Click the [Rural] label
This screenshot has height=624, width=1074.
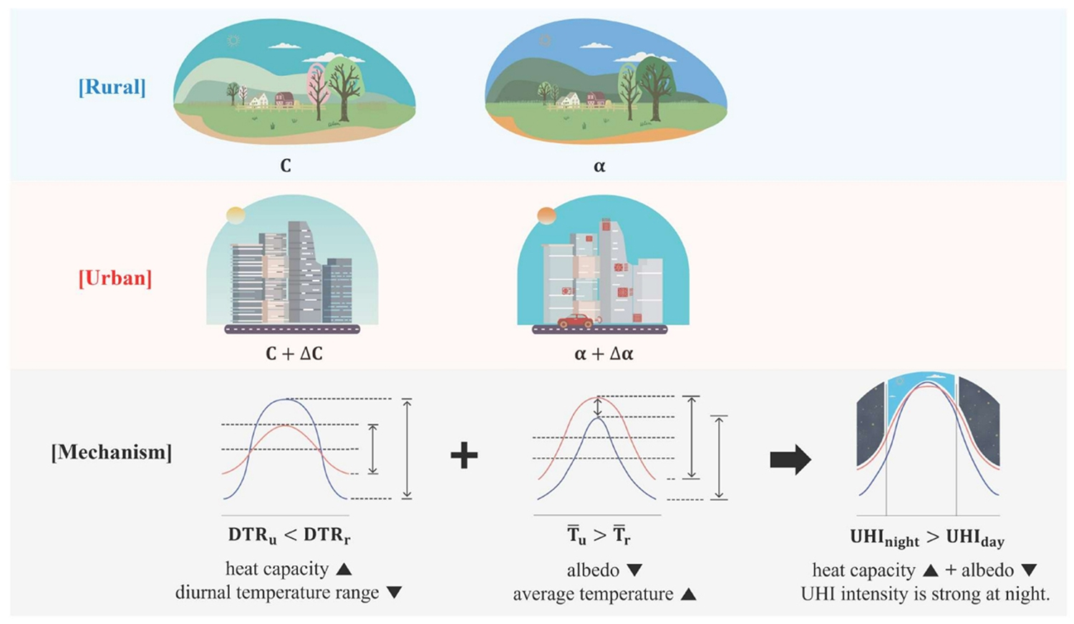(112, 87)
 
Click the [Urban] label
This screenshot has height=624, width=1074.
(115, 278)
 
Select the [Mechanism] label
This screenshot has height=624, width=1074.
(112, 452)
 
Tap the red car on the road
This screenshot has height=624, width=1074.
(576, 321)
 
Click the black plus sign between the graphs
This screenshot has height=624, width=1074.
(464, 455)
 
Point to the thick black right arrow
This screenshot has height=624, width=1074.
(790, 460)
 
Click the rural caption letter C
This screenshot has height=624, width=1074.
(286, 166)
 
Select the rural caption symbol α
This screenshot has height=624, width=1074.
(599, 166)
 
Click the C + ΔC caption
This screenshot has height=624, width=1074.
(294, 353)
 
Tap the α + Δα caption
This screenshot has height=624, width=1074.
(604, 354)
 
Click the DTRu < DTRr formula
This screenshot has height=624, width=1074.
(289, 535)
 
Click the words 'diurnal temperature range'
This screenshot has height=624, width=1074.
(277, 593)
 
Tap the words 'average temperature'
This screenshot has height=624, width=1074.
(593, 594)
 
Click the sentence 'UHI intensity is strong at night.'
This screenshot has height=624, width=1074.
(925, 594)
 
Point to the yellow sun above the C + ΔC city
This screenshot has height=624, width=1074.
(235, 215)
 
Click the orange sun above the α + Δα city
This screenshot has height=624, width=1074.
(546, 215)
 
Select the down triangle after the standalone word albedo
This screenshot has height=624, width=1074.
(634, 570)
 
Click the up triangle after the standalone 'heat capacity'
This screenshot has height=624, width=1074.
(344, 569)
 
